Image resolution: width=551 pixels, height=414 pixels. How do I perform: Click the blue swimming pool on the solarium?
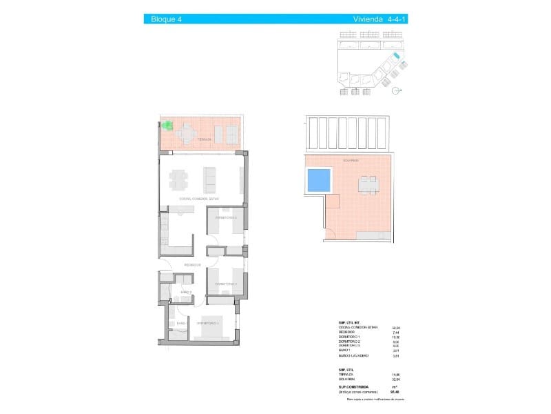(318, 181)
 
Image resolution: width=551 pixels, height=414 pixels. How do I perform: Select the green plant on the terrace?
(167, 125)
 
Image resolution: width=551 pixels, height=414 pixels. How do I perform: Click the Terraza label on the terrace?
(204, 139)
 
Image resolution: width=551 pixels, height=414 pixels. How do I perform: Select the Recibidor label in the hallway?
(192, 264)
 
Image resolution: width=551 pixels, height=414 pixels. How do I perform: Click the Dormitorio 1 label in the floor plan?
(207, 323)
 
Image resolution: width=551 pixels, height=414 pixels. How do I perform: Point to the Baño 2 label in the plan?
(185, 293)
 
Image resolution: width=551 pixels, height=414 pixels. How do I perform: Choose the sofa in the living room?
(210, 179)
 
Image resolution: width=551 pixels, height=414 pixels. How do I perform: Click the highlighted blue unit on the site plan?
(396, 57)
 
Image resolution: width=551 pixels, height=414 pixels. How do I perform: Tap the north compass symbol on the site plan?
(395, 90)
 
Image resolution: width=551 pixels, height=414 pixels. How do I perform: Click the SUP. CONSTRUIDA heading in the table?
(353, 388)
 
